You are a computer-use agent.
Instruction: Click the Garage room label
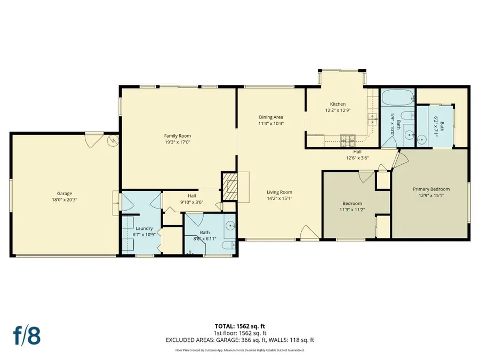click(65, 194)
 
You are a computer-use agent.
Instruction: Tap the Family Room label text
click(177, 135)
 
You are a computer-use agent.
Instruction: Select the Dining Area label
click(271, 117)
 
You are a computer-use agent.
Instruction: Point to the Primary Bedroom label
click(431, 189)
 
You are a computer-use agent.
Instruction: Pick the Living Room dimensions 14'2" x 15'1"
click(279, 199)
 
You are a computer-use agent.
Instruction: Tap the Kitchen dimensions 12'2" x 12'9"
click(338, 110)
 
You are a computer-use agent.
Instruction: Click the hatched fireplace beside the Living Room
click(228, 186)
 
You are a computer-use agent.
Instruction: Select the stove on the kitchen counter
click(348, 139)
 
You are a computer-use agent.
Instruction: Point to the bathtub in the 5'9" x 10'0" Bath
click(396, 98)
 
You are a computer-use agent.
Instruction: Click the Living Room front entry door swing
click(308, 231)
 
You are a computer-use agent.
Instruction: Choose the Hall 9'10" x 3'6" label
click(191, 199)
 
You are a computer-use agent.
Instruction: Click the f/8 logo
click(27, 337)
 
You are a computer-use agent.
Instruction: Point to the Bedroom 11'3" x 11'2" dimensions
click(352, 210)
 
